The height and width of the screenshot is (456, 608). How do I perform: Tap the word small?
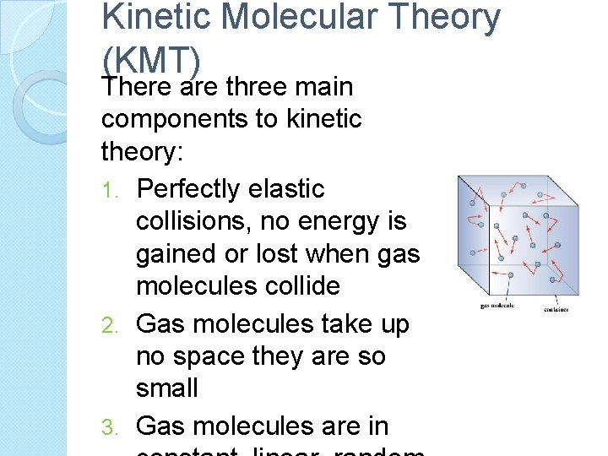(167, 388)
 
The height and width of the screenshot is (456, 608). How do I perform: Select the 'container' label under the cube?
(556, 310)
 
